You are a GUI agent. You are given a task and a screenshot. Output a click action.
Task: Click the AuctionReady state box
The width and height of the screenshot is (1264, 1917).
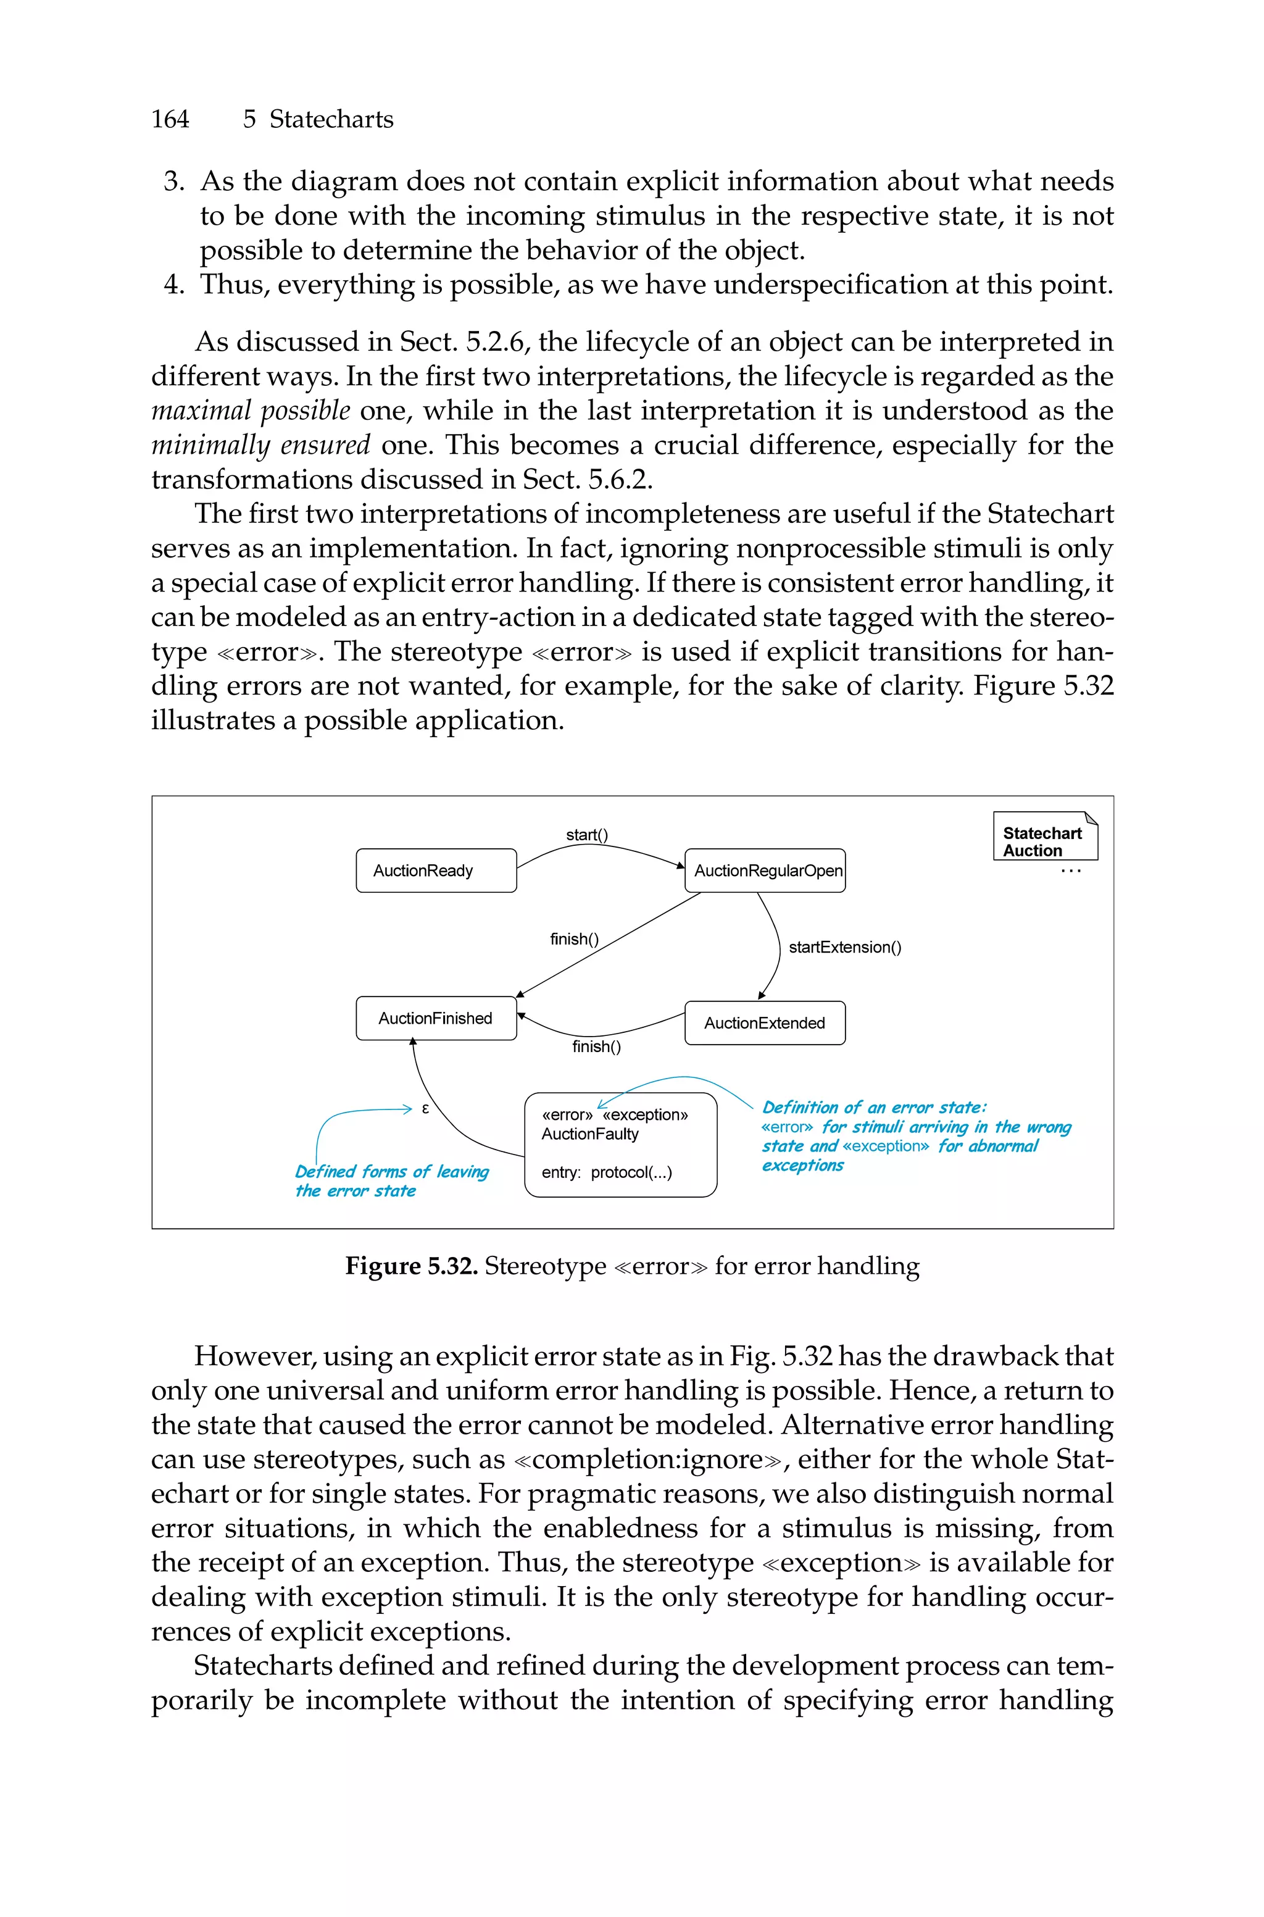click(x=436, y=871)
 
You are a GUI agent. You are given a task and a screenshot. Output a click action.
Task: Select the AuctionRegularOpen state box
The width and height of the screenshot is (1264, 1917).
click(x=765, y=871)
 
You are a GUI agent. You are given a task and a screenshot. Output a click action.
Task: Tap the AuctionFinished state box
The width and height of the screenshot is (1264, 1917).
click(x=436, y=1019)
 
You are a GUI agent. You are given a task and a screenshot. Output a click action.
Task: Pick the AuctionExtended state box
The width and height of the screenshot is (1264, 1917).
click(x=765, y=1023)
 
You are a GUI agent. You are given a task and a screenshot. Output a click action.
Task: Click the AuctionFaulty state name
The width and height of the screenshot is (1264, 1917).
click(x=589, y=1134)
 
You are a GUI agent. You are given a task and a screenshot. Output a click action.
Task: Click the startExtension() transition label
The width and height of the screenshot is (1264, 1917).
click(x=844, y=947)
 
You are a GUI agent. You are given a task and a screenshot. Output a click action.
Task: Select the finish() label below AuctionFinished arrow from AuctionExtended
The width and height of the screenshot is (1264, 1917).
click(x=597, y=1046)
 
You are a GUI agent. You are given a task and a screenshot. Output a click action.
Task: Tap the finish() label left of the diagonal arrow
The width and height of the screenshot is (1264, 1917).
click(x=574, y=939)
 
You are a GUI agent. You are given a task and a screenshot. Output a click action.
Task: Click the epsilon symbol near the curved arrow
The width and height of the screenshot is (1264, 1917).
click(x=426, y=1108)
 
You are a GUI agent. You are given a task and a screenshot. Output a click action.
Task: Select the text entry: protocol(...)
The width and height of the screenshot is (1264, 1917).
click(x=606, y=1172)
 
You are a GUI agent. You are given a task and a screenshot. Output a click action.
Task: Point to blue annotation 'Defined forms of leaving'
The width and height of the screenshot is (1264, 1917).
click(x=392, y=1171)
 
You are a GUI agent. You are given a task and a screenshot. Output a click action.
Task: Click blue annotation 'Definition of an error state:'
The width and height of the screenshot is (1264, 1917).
click(x=874, y=1108)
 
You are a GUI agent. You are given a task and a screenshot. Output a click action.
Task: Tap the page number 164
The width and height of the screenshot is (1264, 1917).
click(x=170, y=119)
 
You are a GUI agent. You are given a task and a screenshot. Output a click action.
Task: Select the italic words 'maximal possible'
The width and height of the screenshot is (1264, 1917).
click(x=251, y=411)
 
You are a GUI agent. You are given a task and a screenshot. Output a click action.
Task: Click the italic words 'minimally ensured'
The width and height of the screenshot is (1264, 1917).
click(x=260, y=446)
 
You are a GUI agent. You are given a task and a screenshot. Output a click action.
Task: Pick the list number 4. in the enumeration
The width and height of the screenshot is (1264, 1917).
click(x=173, y=285)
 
